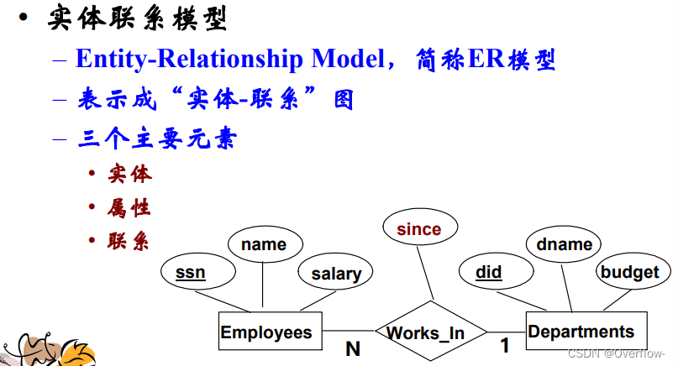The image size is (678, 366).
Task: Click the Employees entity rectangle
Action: [265, 332]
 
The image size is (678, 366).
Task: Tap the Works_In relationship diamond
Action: [426, 333]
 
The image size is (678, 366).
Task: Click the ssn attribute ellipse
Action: [191, 272]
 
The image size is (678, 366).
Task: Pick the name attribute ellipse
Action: [263, 244]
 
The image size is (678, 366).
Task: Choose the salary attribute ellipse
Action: [335, 273]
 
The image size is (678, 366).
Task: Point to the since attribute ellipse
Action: [418, 228]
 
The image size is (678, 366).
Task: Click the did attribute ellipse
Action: [489, 272]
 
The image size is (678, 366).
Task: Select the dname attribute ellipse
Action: [564, 244]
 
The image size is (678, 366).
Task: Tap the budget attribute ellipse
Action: [629, 272]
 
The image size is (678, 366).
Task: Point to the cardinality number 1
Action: [504, 345]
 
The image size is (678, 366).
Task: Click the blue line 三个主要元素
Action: [156, 138]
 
